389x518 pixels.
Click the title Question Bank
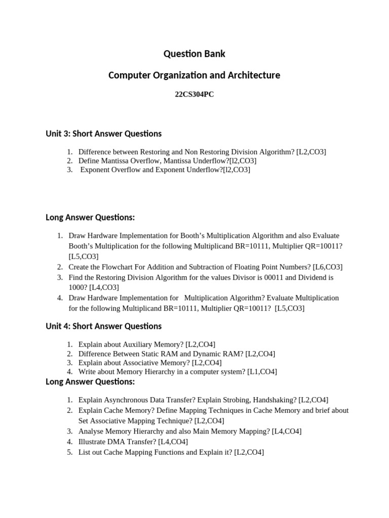194,54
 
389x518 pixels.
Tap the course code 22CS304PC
194,95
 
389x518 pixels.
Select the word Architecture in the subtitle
254,75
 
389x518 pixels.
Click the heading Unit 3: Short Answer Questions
104,134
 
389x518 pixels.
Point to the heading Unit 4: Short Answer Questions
104,326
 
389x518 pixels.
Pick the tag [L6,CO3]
328,267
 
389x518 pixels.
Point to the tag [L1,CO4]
262,372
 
